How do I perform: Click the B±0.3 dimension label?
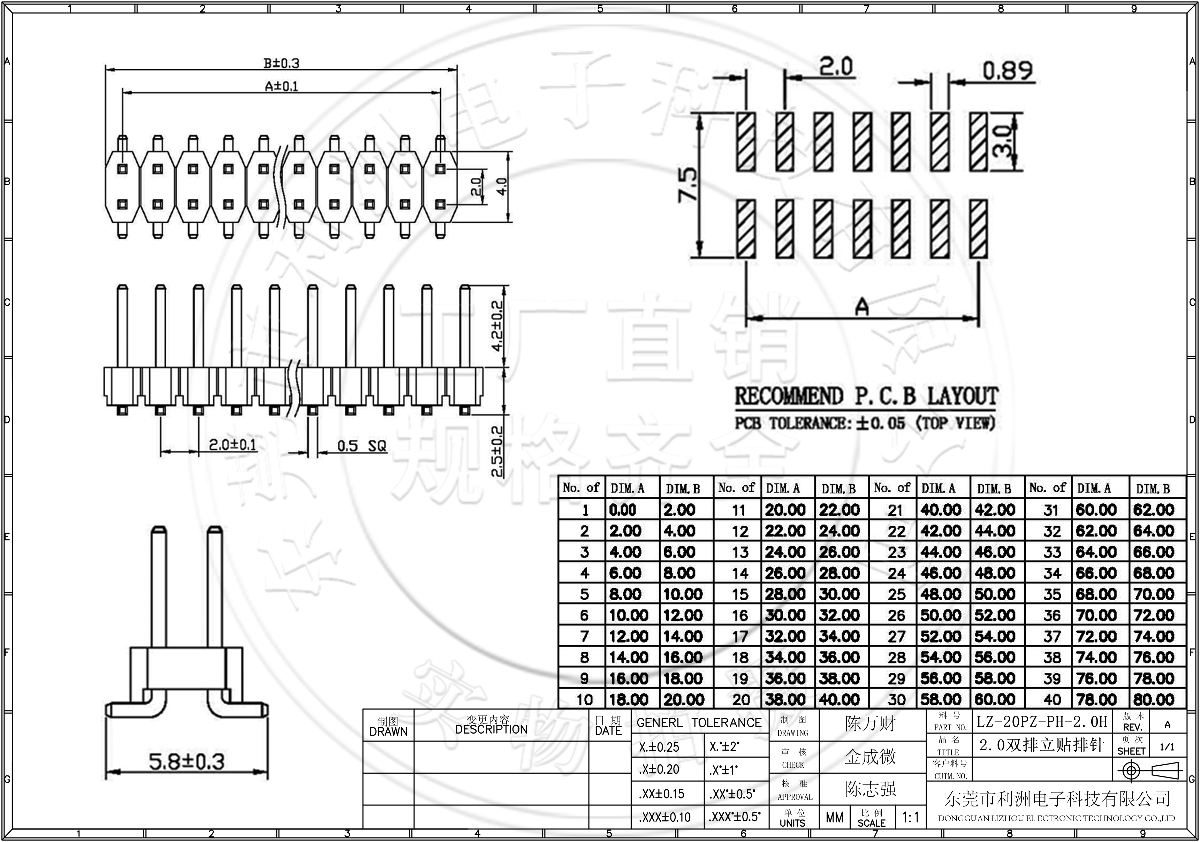(281, 63)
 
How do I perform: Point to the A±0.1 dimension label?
(281, 86)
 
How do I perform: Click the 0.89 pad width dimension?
(1007, 71)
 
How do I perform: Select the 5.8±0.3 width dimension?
(187, 761)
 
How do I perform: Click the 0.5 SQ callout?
(361, 446)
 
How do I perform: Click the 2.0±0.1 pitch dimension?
(233, 445)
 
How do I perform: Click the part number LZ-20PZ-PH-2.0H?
(1042, 722)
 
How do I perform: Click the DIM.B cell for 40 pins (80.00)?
(1154, 699)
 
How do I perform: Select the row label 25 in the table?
(896, 594)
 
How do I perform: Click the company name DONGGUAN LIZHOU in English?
(1056, 819)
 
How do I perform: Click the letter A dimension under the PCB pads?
(862, 307)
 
